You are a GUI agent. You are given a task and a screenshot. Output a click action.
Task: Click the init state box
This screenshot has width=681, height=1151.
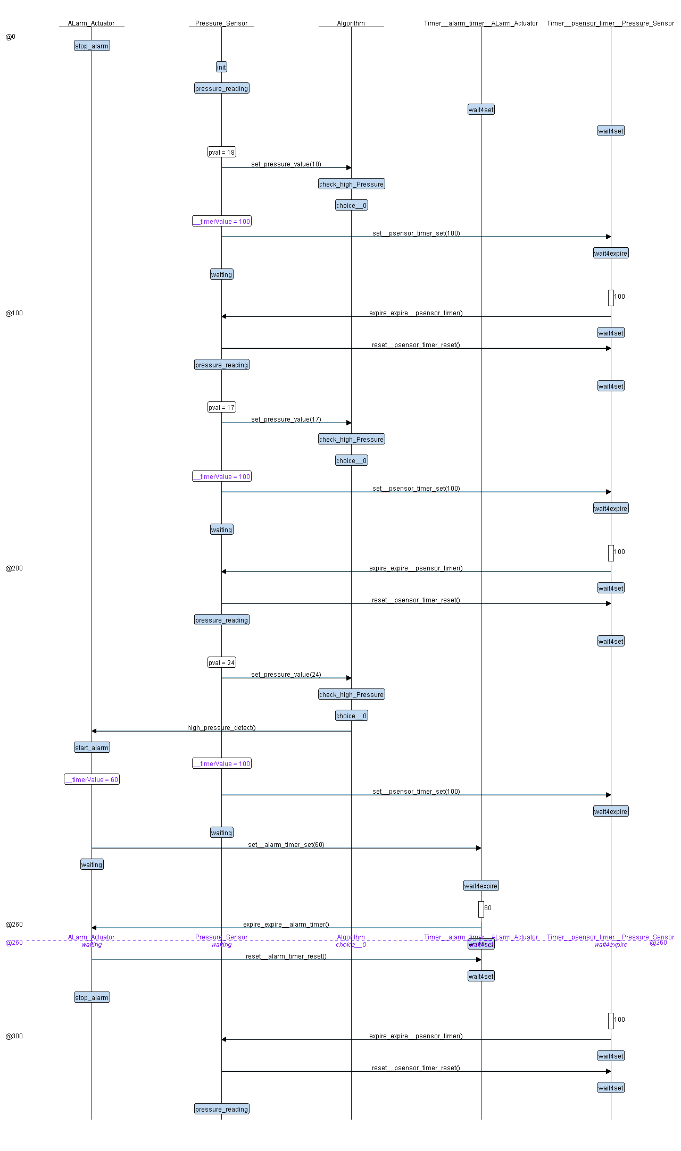(x=221, y=67)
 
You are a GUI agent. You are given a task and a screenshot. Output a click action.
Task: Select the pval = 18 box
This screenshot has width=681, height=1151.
(x=221, y=153)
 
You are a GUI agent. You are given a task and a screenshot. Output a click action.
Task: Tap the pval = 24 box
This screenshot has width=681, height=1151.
(x=221, y=663)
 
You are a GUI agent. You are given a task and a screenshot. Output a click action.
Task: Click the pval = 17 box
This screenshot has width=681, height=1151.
(x=221, y=408)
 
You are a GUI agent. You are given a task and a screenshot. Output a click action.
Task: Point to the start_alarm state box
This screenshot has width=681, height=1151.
(x=92, y=748)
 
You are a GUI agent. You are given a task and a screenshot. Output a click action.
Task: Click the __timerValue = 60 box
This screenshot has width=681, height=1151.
(x=92, y=780)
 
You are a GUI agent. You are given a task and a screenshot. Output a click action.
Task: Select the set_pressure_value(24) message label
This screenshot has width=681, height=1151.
(x=286, y=675)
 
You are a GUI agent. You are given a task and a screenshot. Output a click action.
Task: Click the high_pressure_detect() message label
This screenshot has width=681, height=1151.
(x=221, y=728)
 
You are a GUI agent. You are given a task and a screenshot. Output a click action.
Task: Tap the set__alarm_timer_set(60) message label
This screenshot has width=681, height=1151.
(x=286, y=845)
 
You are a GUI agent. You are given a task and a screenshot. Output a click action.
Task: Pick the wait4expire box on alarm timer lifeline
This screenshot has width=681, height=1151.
(x=481, y=886)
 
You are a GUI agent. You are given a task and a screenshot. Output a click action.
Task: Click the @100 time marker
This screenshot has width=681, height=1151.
(x=14, y=313)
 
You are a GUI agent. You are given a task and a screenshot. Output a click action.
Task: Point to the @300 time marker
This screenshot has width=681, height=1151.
(x=14, y=1036)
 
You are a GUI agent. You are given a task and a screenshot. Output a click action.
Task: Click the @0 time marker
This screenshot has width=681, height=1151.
(x=11, y=37)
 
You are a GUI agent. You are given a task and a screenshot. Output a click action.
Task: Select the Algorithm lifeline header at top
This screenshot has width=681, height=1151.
(x=351, y=23)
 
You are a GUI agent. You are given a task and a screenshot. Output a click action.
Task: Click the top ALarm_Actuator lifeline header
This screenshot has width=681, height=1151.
(x=92, y=23)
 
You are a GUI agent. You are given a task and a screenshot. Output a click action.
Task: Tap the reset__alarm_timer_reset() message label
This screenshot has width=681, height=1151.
(x=286, y=956)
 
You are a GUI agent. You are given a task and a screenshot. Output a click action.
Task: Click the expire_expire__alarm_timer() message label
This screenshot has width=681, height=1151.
(x=286, y=925)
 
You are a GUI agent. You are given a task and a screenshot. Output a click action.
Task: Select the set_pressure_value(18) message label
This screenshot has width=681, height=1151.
(x=286, y=164)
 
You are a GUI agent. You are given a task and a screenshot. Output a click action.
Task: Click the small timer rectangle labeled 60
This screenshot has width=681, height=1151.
(x=481, y=909)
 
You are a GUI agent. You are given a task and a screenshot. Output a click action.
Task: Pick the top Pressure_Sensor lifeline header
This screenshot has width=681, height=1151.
(x=221, y=23)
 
